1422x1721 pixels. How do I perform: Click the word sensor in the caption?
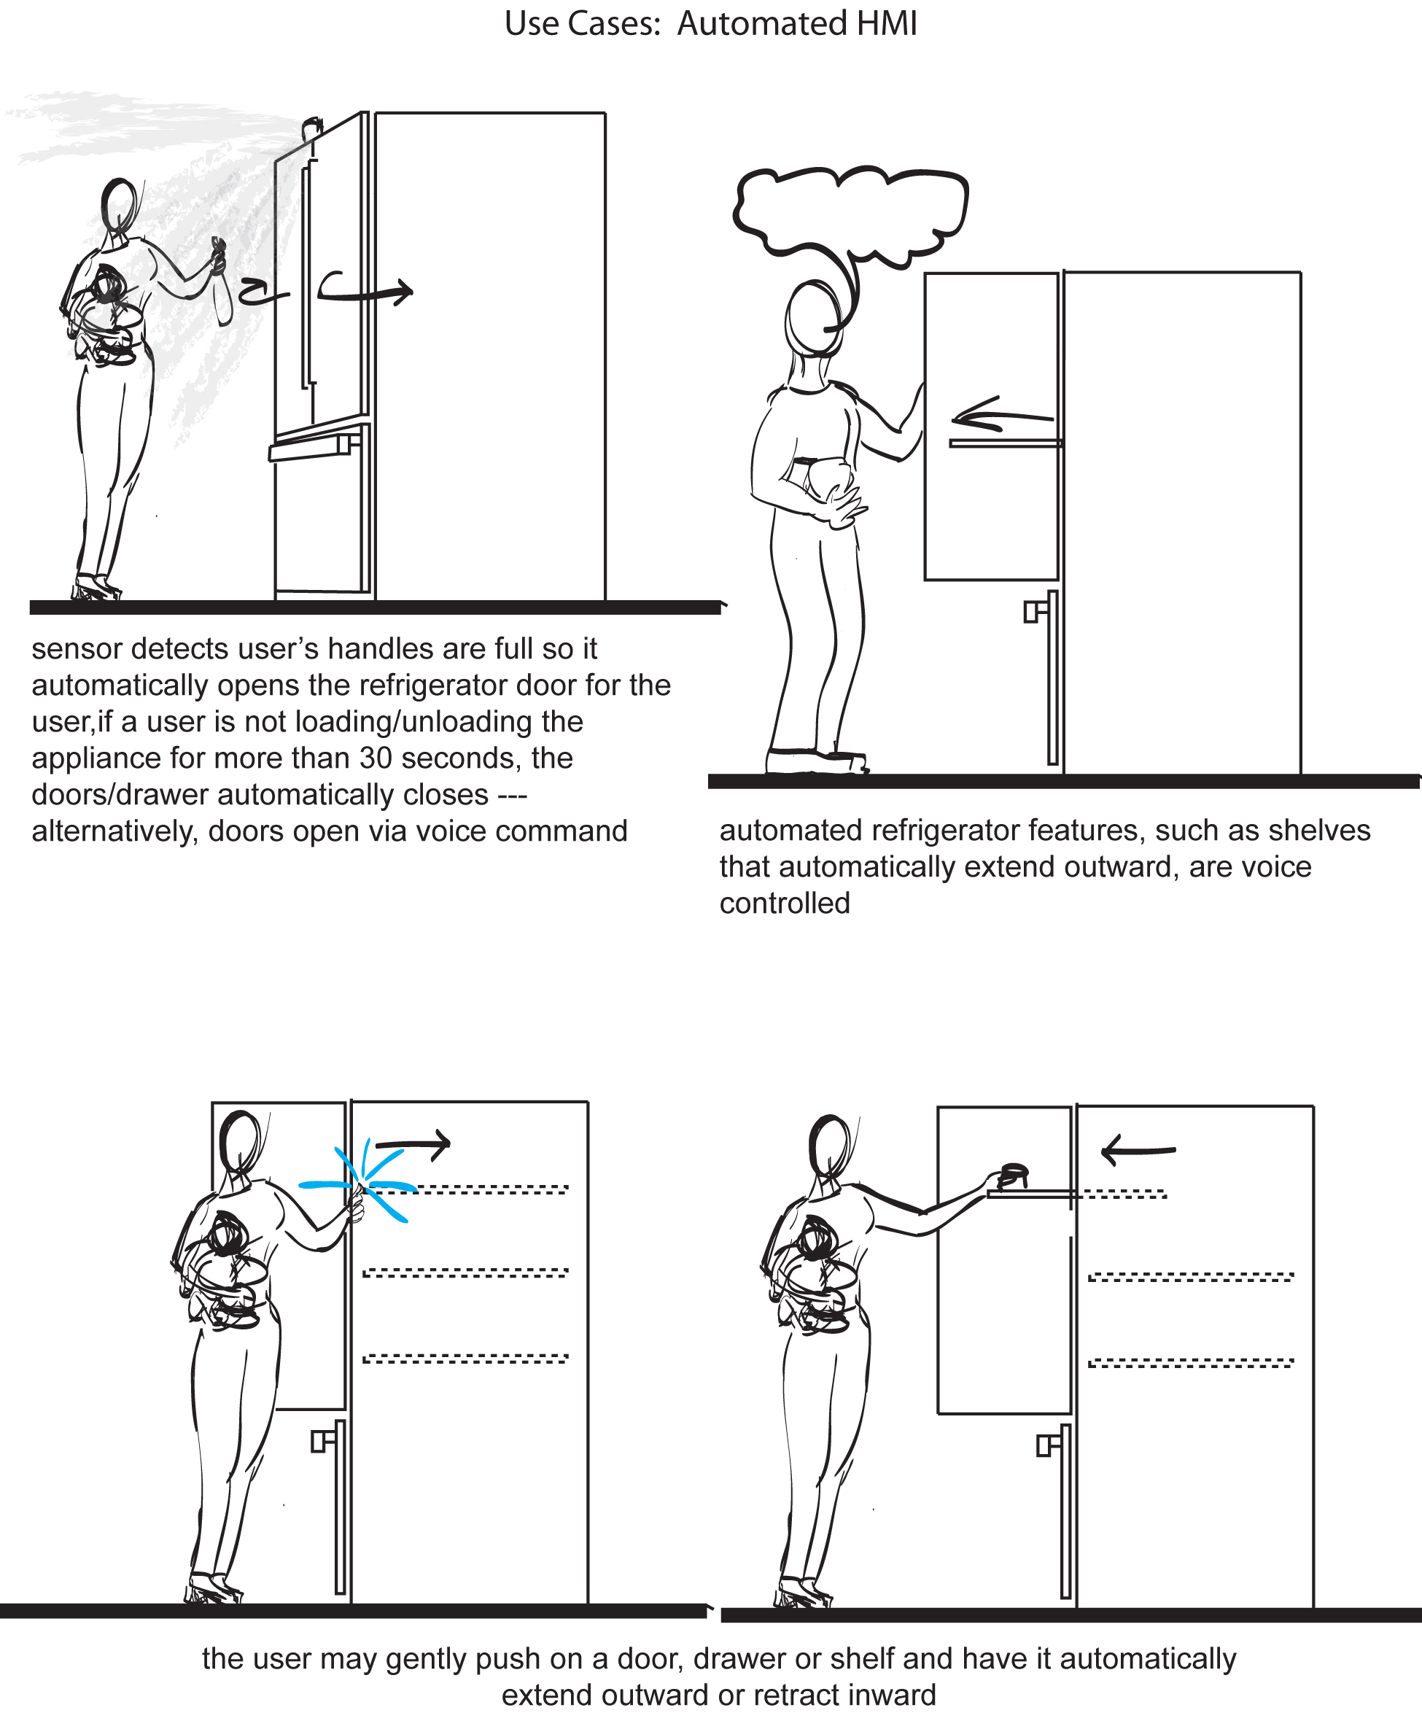77,648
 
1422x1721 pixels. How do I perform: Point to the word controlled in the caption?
785,903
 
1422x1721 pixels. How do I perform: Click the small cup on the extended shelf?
1014,1173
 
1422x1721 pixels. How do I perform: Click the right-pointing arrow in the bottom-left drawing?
413,1143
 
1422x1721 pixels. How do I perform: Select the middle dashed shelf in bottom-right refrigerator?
1190,1277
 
